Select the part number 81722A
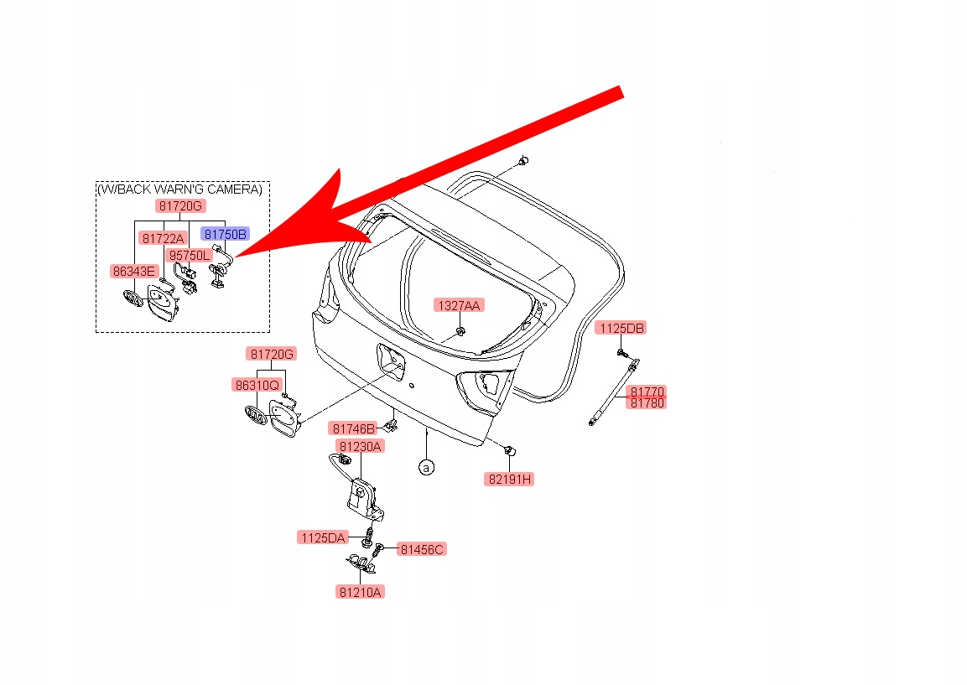163,238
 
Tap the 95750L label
189,255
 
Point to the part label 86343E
134,271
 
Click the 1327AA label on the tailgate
458,306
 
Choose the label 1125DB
621,328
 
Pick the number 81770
647,392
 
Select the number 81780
647,402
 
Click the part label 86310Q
257,386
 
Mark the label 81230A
360,446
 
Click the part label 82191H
509,480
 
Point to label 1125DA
322,537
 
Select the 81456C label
422,549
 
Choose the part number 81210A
361,592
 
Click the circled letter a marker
426,466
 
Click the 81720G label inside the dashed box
179,205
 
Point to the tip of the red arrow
237,254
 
